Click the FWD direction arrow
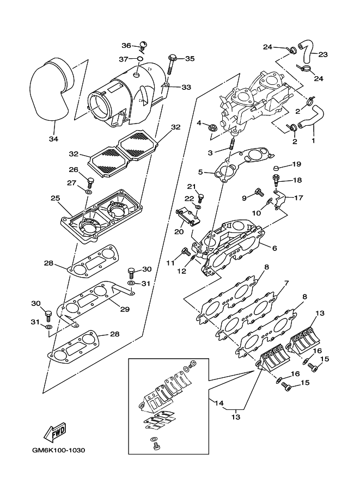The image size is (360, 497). coord(56,433)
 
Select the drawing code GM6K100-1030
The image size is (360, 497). coord(59,450)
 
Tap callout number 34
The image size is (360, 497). coord(53,139)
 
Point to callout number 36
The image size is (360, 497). coord(126,46)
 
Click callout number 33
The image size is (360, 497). coord(186,87)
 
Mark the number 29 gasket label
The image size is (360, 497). coord(125,309)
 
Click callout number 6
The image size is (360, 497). coord(274,248)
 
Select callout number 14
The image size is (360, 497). coord(219,403)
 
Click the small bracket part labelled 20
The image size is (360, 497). coord(188,218)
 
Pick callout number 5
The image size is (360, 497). coord(200,173)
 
